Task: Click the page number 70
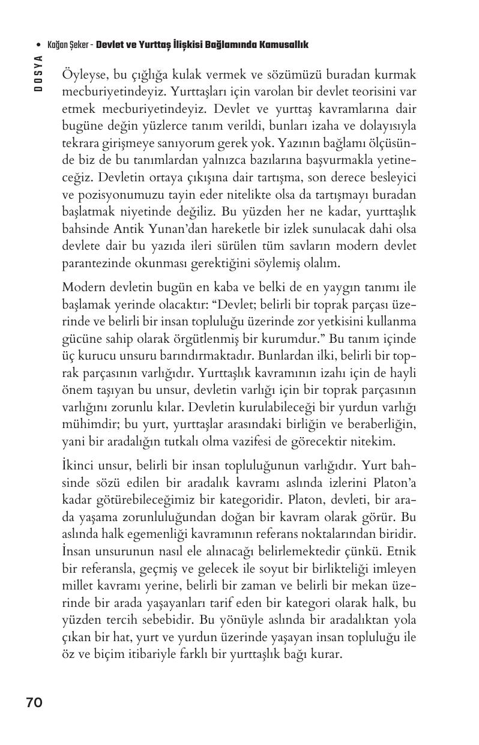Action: pos(34,702)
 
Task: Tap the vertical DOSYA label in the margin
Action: pos(37,73)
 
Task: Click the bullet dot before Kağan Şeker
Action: pos(38,46)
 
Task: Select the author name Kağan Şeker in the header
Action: pos(68,46)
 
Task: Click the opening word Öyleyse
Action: pos(83,76)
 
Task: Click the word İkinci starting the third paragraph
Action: pos(78,466)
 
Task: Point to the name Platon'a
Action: pos(393,483)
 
